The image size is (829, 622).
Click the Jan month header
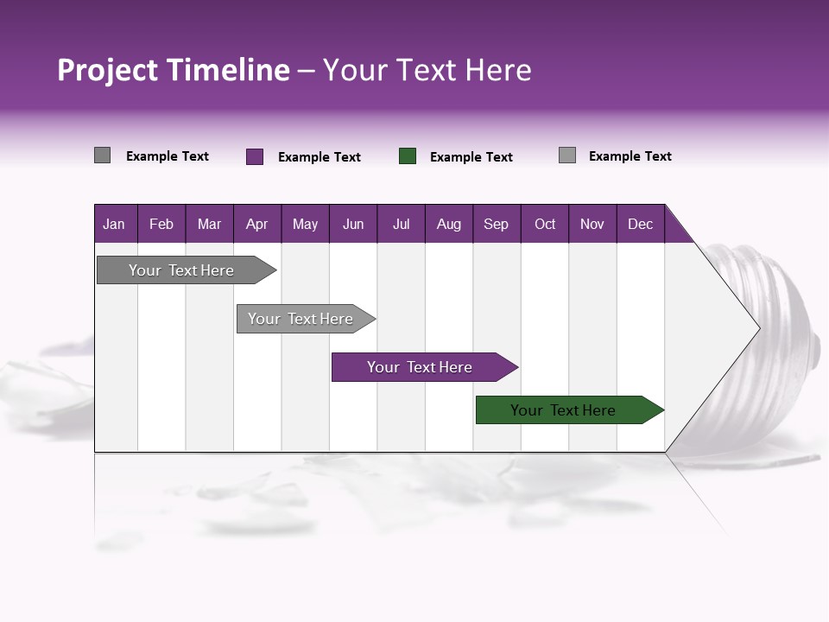coord(114,224)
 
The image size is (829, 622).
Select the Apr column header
coord(256,224)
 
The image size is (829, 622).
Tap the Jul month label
coord(401,224)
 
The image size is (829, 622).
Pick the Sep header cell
coord(496,224)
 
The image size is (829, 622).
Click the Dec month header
coord(640,224)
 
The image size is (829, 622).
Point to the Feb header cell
coord(161,224)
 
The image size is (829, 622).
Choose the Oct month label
coord(545,224)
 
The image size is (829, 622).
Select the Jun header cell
coord(353,224)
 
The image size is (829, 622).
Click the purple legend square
coord(255,156)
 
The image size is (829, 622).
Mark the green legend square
coord(408,156)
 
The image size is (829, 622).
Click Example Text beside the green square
coord(471,157)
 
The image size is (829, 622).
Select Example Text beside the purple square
coord(319,157)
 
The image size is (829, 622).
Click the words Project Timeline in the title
coord(173,70)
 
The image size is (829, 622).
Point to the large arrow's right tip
coord(757,327)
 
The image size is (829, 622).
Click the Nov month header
coord(592,224)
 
